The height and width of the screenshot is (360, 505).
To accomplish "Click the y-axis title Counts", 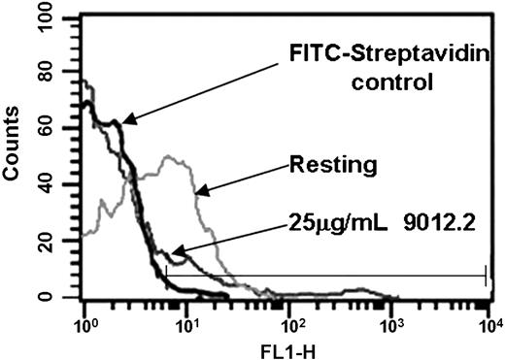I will pos(15,154).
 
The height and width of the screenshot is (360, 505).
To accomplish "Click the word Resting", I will pos(333,166).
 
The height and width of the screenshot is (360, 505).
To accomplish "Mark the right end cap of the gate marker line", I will pos(486,277).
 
